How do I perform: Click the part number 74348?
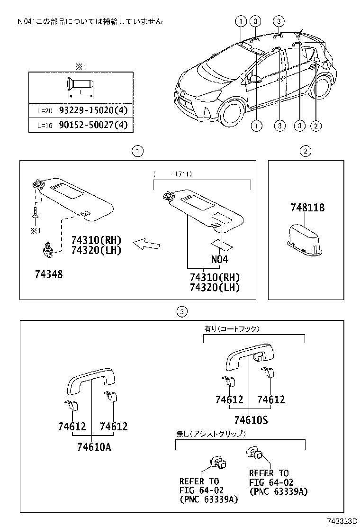pyautogui.click(x=48, y=274)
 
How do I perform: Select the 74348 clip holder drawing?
pyautogui.click(x=47, y=249)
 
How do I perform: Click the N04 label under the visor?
pyautogui.click(x=219, y=259)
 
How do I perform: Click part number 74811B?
pyautogui.click(x=307, y=208)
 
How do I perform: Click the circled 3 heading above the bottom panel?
pyautogui.click(x=183, y=311)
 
